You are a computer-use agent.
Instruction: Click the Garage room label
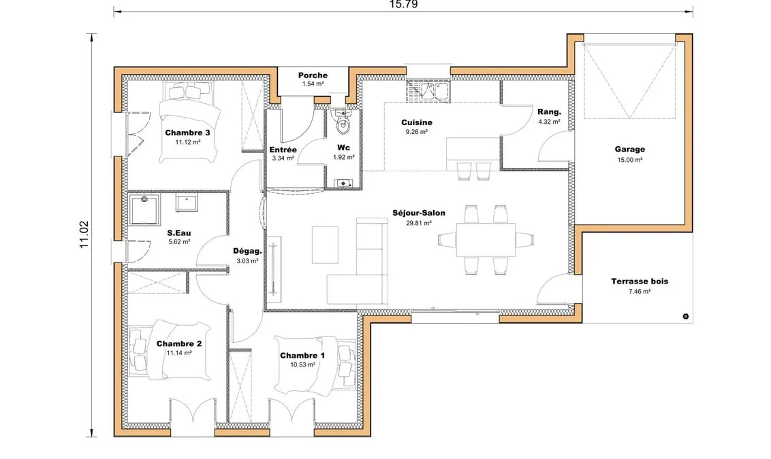click(x=629, y=149)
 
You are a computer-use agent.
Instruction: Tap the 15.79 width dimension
click(x=403, y=5)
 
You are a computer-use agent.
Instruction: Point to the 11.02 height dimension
click(x=84, y=235)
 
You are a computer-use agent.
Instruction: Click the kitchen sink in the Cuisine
click(x=428, y=91)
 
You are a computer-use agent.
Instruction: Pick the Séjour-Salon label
click(x=418, y=213)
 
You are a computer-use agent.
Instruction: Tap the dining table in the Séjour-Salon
click(x=486, y=239)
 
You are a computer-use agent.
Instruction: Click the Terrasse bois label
click(x=640, y=282)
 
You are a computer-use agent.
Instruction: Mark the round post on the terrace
click(x=685, y=317)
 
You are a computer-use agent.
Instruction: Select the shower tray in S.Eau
click(x=144, y=209)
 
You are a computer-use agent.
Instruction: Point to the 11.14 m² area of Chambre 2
click(x=179, y=353)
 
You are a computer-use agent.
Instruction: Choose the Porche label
click(x=313, y=75)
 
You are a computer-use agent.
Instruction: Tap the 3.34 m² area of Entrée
click(x=283, y=158)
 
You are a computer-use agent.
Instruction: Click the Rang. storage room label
click(x=549, y=112)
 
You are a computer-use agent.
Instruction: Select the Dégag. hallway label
click(x=247, y=252)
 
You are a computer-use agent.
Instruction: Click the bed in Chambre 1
click(x=315, y=365)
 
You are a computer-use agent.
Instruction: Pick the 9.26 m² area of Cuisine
click(x=416, y=131)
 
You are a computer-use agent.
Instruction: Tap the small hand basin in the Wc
click(x=343, y=184)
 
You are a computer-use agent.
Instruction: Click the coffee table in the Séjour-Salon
click(x=325, y=245)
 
